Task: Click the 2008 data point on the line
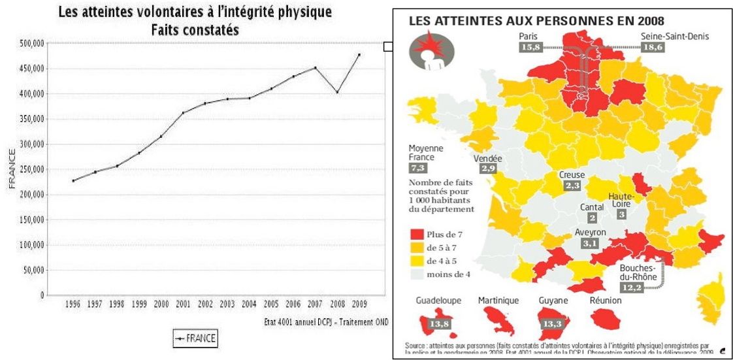[337, 92]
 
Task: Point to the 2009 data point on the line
[359, 54]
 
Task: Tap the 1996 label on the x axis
[73, 304]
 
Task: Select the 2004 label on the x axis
[249, 304]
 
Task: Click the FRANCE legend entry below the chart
[195, 338]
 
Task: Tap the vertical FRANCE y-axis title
[12, 169]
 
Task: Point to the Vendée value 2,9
[487, 169]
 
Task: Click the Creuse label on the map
[572, 175]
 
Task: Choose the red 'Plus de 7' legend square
[415, 233]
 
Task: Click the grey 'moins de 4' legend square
[415, 274]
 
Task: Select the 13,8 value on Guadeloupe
[439, 324]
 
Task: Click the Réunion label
[605, 301]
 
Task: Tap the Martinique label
[498, 301]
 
